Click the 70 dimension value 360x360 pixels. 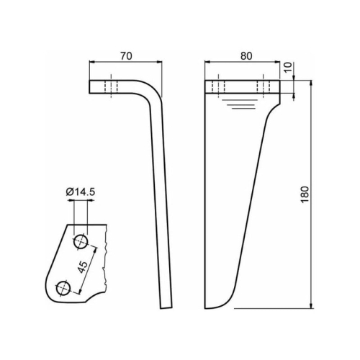tap(126, 56)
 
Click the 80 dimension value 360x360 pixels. tap(246, 56)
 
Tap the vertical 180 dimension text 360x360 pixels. tap(305, 194)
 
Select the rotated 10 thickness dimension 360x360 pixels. tap(289, 67)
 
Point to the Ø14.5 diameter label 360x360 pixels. tap(81, 192)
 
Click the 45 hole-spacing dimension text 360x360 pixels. tap(84, 267)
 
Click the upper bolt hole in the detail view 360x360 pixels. tap(81, 241)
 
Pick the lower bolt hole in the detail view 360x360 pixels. tap(63, 287)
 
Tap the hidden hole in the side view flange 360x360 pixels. tap(111, 86)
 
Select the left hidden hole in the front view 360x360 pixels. tap(218, 86)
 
